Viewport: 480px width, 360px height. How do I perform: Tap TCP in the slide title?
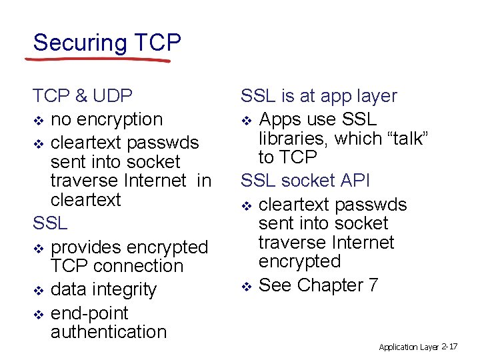(157, 43)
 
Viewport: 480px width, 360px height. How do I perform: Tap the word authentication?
(109, 332)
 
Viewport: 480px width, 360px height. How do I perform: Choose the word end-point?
(89, 313)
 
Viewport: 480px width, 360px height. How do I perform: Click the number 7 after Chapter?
(373, 285)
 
